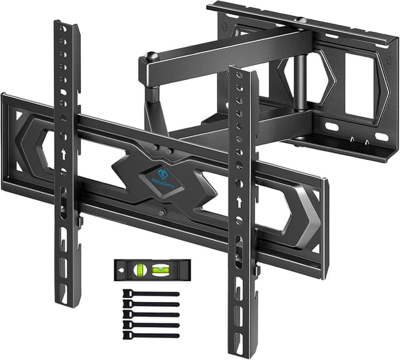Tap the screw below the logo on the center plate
(162, 213)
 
